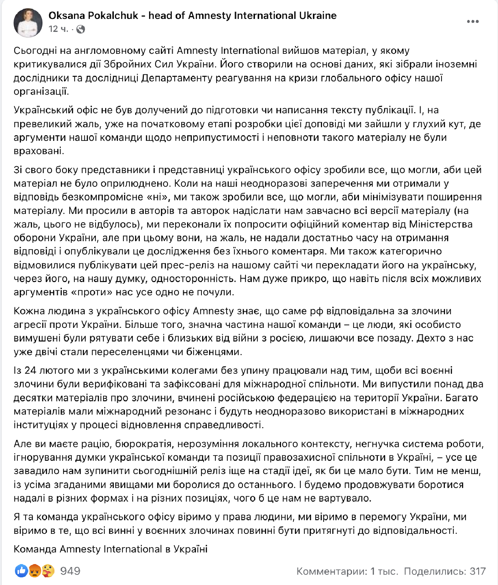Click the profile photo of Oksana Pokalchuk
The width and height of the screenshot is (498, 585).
[28, 23]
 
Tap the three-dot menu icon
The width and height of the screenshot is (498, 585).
[472, 22]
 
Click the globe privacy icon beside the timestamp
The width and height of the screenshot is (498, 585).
[81, 30]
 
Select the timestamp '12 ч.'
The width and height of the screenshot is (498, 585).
[58, 29]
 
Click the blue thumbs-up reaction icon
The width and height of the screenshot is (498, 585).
[21, 571]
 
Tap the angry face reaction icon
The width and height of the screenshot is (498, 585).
[35, 571]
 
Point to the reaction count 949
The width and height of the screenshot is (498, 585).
[70, 571]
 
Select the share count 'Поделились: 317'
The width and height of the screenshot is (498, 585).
[445, 571]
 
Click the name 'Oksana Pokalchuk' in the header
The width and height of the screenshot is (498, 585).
[93, 16]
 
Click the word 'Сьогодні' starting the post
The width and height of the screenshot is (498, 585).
[34, 51]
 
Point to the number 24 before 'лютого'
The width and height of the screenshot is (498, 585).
[30, 370]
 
